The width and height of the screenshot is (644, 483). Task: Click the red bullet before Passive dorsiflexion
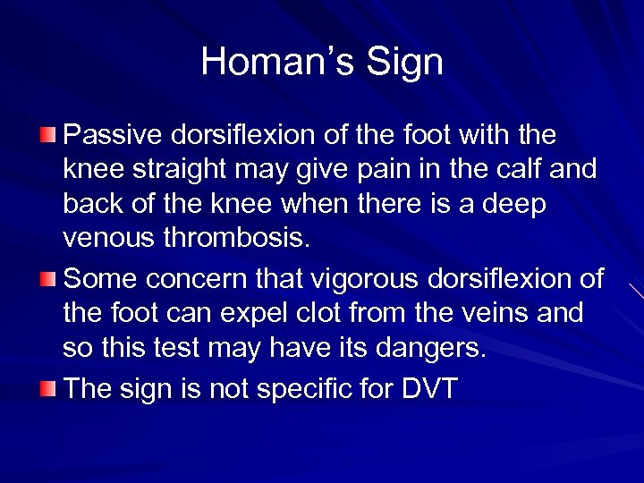pos(48,135)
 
